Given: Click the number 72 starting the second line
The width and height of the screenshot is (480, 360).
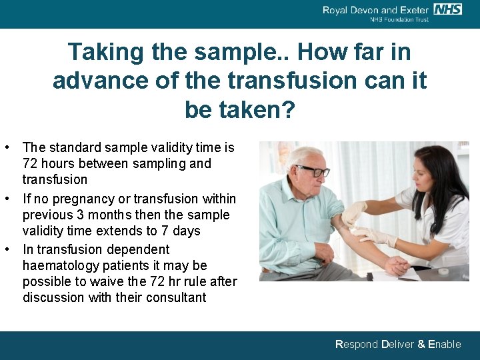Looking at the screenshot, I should click(x=30, y=163).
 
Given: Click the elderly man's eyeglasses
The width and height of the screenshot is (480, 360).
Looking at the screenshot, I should click(x=313, y=171).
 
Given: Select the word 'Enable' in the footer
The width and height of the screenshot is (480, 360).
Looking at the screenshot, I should click(x=444, y=345).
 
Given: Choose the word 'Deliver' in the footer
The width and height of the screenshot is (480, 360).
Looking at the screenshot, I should click(x=397, y=345).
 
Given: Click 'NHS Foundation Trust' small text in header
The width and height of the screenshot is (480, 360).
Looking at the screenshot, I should click(x=399, y=20).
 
